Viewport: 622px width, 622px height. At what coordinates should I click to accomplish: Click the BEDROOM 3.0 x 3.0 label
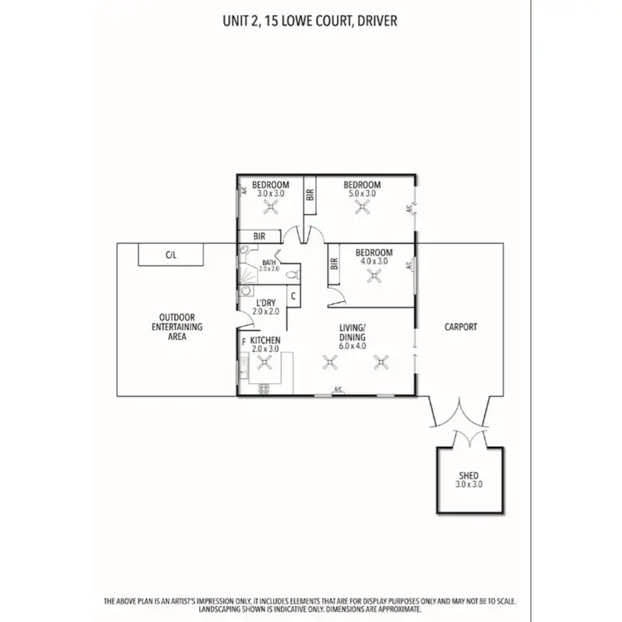pos(270,188)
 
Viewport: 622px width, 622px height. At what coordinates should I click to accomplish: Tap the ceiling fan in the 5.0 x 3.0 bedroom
pos(362,208)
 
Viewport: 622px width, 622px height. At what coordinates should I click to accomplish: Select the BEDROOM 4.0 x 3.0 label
pos(372,255)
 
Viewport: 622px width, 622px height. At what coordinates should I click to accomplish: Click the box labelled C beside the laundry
pos(293,297)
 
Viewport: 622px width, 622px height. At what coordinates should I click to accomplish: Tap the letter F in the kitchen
pos(244,341)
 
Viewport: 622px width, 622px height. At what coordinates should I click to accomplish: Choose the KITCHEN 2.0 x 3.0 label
pos(265,344)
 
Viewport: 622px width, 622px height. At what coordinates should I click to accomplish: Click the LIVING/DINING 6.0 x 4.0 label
pos(352,340)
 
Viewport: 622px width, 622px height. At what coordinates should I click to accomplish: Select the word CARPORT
pos(460,327)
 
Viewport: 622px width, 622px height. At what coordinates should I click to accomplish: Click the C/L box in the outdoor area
pos(171,255)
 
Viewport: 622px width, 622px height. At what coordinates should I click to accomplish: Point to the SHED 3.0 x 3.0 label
pos(469,479)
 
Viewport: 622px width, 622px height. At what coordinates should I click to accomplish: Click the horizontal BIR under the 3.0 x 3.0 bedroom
pos(259,236)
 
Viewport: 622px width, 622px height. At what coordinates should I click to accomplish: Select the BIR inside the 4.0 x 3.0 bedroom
pos(334,265)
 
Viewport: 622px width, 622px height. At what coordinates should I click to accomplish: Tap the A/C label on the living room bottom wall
pos(338,390)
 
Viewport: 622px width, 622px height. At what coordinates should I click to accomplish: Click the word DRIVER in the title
pos(374,20)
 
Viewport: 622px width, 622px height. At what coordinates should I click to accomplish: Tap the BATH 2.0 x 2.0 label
pos(268,266)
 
